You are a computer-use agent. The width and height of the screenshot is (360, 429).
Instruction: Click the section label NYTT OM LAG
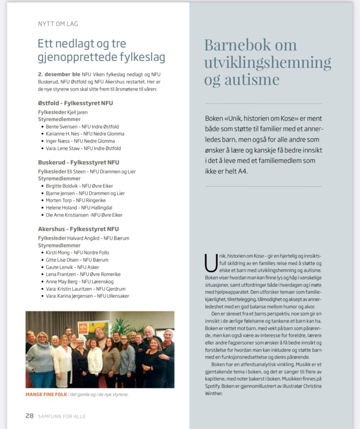tap(58, 24)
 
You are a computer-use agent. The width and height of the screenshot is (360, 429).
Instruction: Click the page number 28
tap(29, 416)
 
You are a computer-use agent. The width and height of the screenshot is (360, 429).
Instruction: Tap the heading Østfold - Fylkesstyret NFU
tap(75, 103)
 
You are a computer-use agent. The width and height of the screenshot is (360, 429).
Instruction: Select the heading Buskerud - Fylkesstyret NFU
tap(78, 162)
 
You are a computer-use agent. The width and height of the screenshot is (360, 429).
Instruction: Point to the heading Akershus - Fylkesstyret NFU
tap(78, 229)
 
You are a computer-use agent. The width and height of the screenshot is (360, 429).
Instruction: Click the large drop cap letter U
tap(211, 263)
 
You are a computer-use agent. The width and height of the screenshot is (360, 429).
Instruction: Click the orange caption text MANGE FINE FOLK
tap(46, 394)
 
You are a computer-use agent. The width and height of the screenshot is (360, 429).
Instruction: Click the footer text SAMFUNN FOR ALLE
tap(62, 416)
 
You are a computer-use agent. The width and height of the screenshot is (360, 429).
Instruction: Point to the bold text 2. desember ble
tap(59, 74)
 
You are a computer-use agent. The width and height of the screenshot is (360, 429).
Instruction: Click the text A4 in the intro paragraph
tap(242, 171)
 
